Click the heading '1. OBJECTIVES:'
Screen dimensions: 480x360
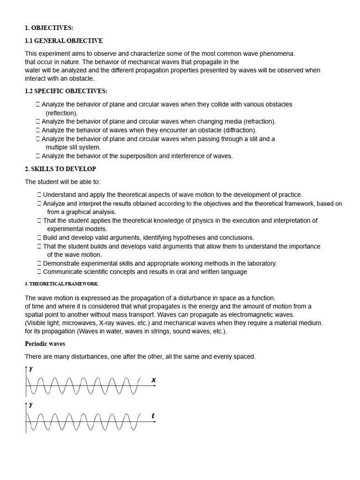tap(49, 28)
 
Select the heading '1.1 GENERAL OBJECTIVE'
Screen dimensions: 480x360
tap(63, 41)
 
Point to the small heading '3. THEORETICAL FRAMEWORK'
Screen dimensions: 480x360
tap(61, 284)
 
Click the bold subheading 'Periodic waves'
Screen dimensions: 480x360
tap(45, 344)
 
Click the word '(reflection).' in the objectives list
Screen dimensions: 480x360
tap(62, 113)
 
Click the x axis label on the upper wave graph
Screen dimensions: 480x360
tap(153, 380)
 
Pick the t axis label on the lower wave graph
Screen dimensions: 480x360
tap(153, 416)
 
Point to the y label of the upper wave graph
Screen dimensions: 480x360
tap(31, 368)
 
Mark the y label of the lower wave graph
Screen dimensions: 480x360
tap(31, 405)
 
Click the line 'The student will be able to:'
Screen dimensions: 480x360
tap(62, 182)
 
